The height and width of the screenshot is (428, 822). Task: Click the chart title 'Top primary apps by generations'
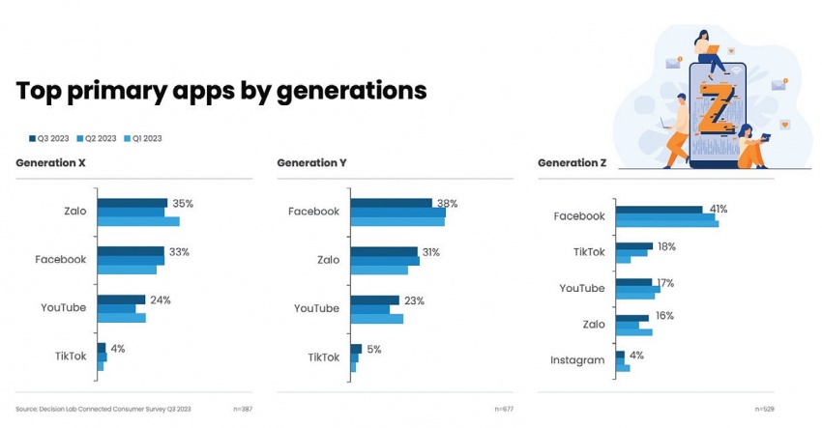coord(221,91)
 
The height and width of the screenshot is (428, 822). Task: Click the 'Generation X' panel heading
coord(50,162)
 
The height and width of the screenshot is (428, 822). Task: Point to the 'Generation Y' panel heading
coord(311,162)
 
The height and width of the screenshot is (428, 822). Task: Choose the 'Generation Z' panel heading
coord(572,162)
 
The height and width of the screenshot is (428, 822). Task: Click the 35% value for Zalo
coord(183,204)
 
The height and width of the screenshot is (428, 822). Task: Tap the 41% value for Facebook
coord(718,209)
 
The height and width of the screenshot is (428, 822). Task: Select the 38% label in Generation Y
coord(447,204)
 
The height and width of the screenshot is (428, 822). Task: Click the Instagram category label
coord(577,360)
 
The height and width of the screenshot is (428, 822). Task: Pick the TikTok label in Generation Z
coord(589,252)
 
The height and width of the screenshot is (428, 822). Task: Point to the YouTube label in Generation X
coord(64,307)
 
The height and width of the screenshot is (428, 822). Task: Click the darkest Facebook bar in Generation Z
coord(659,210)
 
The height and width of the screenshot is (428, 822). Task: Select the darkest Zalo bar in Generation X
coord(132,203)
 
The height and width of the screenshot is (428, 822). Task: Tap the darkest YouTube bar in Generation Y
coord(374,300)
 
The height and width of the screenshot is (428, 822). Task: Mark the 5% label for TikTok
coord(374,349)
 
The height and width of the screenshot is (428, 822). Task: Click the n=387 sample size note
coord(242,410)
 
